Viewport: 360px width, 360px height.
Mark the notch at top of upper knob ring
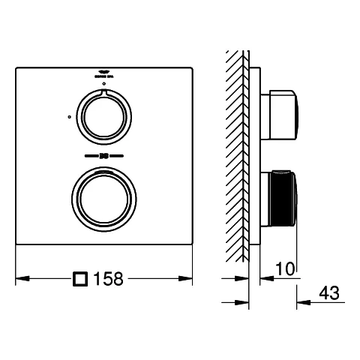pyautogui.click(x=103, y=92)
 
